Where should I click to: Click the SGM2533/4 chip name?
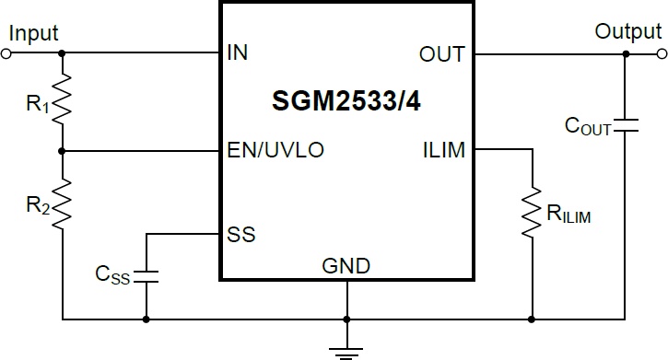pyautogui.click(x=346, y=101)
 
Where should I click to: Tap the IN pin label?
pyautogui.click(x=238, y=52)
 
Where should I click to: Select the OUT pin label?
pyautogui.click(x=441, y=54)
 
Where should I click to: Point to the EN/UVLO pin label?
pyautogui.click(x=275, y=150)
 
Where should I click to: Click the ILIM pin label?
pyautogui.click(x=444, y=150)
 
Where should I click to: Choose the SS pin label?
pyautogui.click(x=241, y=235)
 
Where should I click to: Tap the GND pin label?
pyautogui.click(x=346, y=266)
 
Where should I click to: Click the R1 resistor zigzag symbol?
pyautogui.click(x=63, y=99)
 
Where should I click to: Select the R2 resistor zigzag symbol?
pyautogui.click(x=63, y=204)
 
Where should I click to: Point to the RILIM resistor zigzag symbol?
pyautogui.click(x=532, y=212)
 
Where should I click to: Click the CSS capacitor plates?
pyautogui.click(x=146, y=276)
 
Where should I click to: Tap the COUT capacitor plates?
pyautogui.click(x=626, y=125)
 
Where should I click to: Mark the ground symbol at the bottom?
pyautogui.click(x=346, y=354)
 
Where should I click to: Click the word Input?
pyautogui.click(x=33, y=34)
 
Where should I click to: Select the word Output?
pyautogui.click(x=628, y=32)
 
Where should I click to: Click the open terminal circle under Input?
pyautogui.click(x=6, y=53)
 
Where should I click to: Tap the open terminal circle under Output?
pyautogui.click(x=662, y=54)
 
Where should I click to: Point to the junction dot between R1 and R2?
pyautogui.click(x=63, y=151)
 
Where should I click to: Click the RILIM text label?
pyautogui.click(x=568, y=214)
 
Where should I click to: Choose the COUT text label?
pyautogui.click(x=588, y=126)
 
